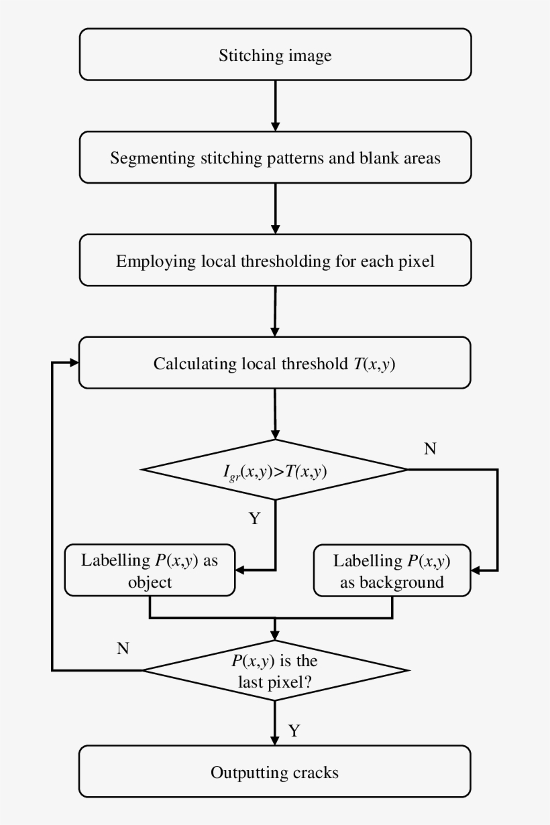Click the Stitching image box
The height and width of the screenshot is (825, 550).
[275, 54]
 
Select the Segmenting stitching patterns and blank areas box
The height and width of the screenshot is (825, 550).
[275, 157]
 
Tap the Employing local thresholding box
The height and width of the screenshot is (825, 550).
[275, 260]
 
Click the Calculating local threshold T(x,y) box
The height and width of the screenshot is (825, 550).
[275, 363]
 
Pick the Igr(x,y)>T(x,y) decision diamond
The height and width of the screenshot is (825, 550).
[275, 470]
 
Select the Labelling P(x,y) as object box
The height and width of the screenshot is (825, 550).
[150, 570]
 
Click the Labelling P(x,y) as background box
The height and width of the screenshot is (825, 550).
[392, 570]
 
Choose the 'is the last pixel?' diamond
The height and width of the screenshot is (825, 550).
[275, 670]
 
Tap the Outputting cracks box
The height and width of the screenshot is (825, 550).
[275, 771]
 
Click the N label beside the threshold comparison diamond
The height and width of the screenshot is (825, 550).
[430, 449]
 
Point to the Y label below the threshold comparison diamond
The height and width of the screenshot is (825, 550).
[254, 518]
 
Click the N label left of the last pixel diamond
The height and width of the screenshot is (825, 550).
[123, 648]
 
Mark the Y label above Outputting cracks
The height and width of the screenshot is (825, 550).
[294, 730]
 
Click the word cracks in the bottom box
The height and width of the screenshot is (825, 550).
[316, 772]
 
